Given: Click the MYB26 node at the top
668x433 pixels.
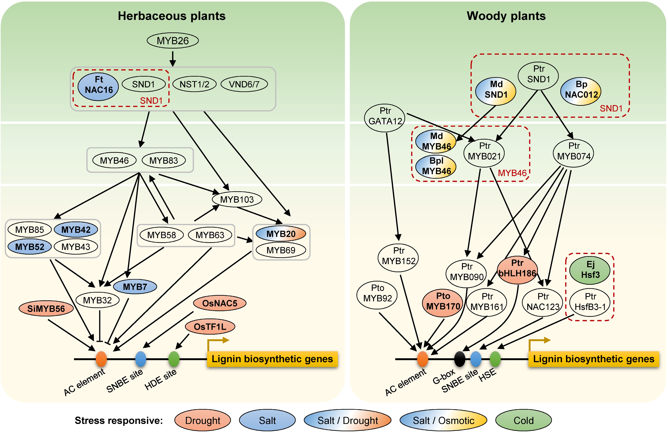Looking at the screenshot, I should pos(173,41).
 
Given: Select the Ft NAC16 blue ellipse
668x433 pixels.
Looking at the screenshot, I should pos(98,87).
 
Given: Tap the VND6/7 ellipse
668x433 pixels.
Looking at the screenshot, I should pos(244,84).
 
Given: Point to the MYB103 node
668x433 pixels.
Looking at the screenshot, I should pos(237,199).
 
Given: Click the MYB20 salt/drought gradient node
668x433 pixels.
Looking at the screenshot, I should pos(281,234).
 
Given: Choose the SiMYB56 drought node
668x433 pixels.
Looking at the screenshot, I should pos(46,309).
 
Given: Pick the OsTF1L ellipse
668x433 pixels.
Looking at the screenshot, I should pos(210,327).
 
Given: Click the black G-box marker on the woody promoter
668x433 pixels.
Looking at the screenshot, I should pos(459,359).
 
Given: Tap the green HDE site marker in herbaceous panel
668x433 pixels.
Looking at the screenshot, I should pos(174,359).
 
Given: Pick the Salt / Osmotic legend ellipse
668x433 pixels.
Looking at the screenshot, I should pos(443,420).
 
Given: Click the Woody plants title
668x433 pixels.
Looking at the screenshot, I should pos(506,16).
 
